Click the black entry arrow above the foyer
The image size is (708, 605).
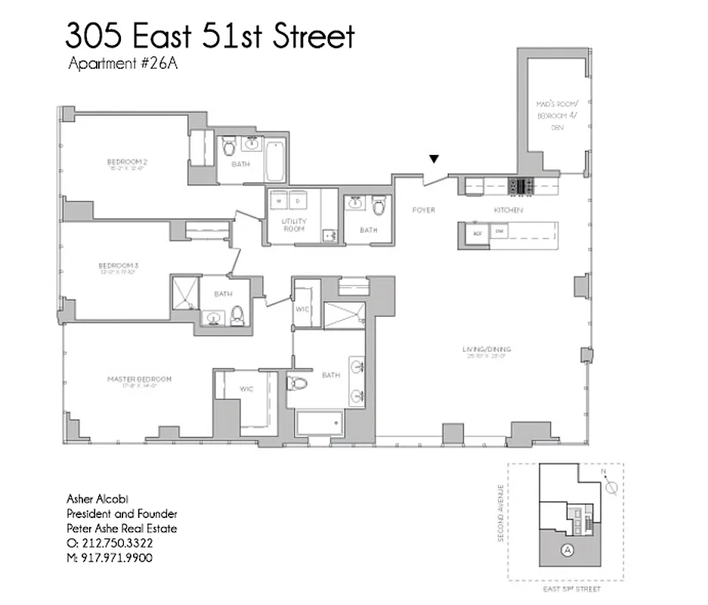(434, 159)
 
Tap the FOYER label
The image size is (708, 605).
(423, 210)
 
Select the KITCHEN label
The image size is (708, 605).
(508, 210)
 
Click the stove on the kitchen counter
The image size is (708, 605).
(521, 185)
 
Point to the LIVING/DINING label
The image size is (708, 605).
(487, 350)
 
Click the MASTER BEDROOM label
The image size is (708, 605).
(139, 380)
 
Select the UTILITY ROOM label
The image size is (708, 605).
(294, 225)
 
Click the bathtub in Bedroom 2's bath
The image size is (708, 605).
(275, 160)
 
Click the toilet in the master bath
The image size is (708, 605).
(298, 383)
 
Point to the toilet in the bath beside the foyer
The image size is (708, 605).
(379, 204)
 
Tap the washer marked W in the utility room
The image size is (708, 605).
(280, 201)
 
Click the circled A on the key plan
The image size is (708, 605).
(567, 551)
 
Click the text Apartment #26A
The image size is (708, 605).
(122, 64)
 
